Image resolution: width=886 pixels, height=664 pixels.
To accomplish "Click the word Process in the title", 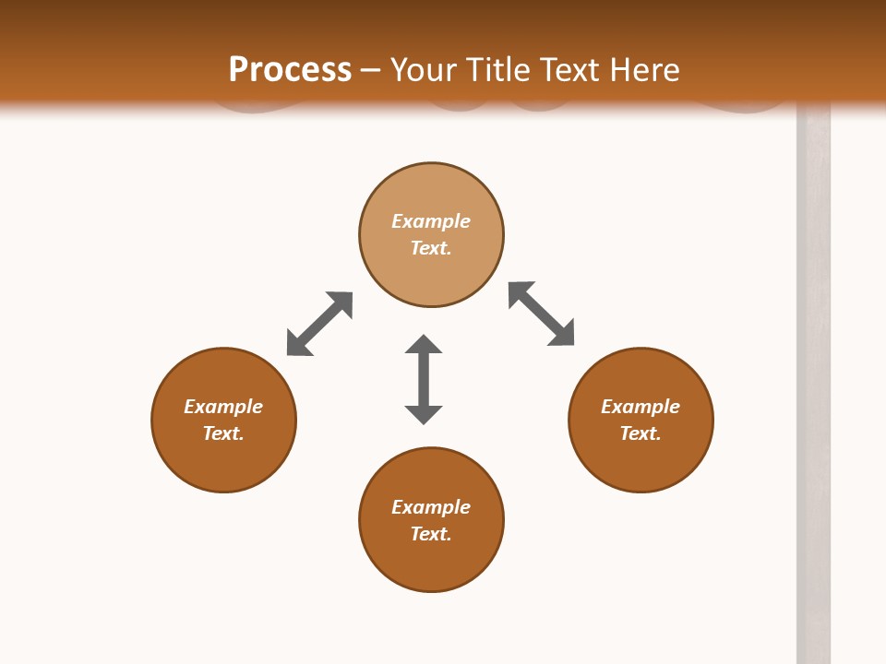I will coord(290,70).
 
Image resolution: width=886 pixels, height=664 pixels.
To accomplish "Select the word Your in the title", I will coord(425,70).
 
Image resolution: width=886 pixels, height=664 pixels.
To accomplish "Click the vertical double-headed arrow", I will coord(424,379).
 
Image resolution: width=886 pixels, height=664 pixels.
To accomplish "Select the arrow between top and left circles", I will coord(319,324).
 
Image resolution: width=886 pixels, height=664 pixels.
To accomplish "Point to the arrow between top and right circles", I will coord(541,314).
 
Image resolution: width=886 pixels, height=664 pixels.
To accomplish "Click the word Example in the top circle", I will coord(431,221).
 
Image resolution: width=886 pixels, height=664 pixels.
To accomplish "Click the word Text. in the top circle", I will coord(431,248).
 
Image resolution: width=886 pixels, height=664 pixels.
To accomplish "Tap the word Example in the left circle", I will coord(223,407).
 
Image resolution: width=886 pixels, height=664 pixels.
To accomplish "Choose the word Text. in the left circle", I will coord(223,433).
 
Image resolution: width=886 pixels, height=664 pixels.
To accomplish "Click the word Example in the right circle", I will coord(641,407).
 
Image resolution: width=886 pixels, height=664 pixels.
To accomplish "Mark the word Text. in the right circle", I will coord(641,433).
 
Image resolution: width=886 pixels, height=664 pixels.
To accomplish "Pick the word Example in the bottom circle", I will coord(431,507).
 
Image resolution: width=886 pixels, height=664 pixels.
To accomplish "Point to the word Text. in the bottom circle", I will coord(431,534).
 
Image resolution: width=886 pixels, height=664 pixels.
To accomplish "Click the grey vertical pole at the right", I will coord(813,387).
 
